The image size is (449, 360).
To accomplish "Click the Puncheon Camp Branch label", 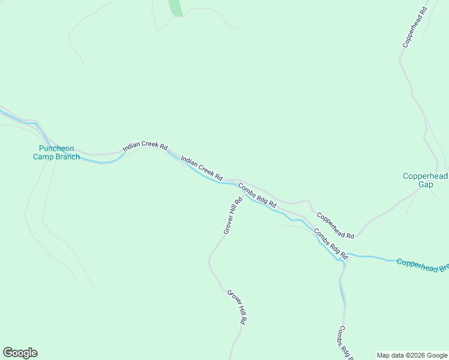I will tap(56, 152).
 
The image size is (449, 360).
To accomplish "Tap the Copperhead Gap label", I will tap(425, 180).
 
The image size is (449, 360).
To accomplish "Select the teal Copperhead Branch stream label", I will tap(422, 265).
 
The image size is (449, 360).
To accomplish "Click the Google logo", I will tap(20, 353).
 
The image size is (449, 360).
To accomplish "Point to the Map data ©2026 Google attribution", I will tap(412, 355).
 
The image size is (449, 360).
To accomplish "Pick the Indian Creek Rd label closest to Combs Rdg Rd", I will tap(202, 169).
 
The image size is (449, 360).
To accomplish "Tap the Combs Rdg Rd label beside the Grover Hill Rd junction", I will tap(257, 196).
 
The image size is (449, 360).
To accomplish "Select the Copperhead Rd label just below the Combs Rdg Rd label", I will tap(335, 226).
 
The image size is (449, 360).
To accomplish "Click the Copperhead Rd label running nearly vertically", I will tap(415, 28).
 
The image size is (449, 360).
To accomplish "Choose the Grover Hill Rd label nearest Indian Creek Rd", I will tap(232, 215).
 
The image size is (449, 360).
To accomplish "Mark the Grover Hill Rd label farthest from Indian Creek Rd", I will tap(237, 307).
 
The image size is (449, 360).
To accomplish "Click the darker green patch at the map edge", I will tap(175, 8).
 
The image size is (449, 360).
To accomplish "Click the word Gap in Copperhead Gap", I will tap(425, 185).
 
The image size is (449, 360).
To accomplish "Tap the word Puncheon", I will tap(56, 148).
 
